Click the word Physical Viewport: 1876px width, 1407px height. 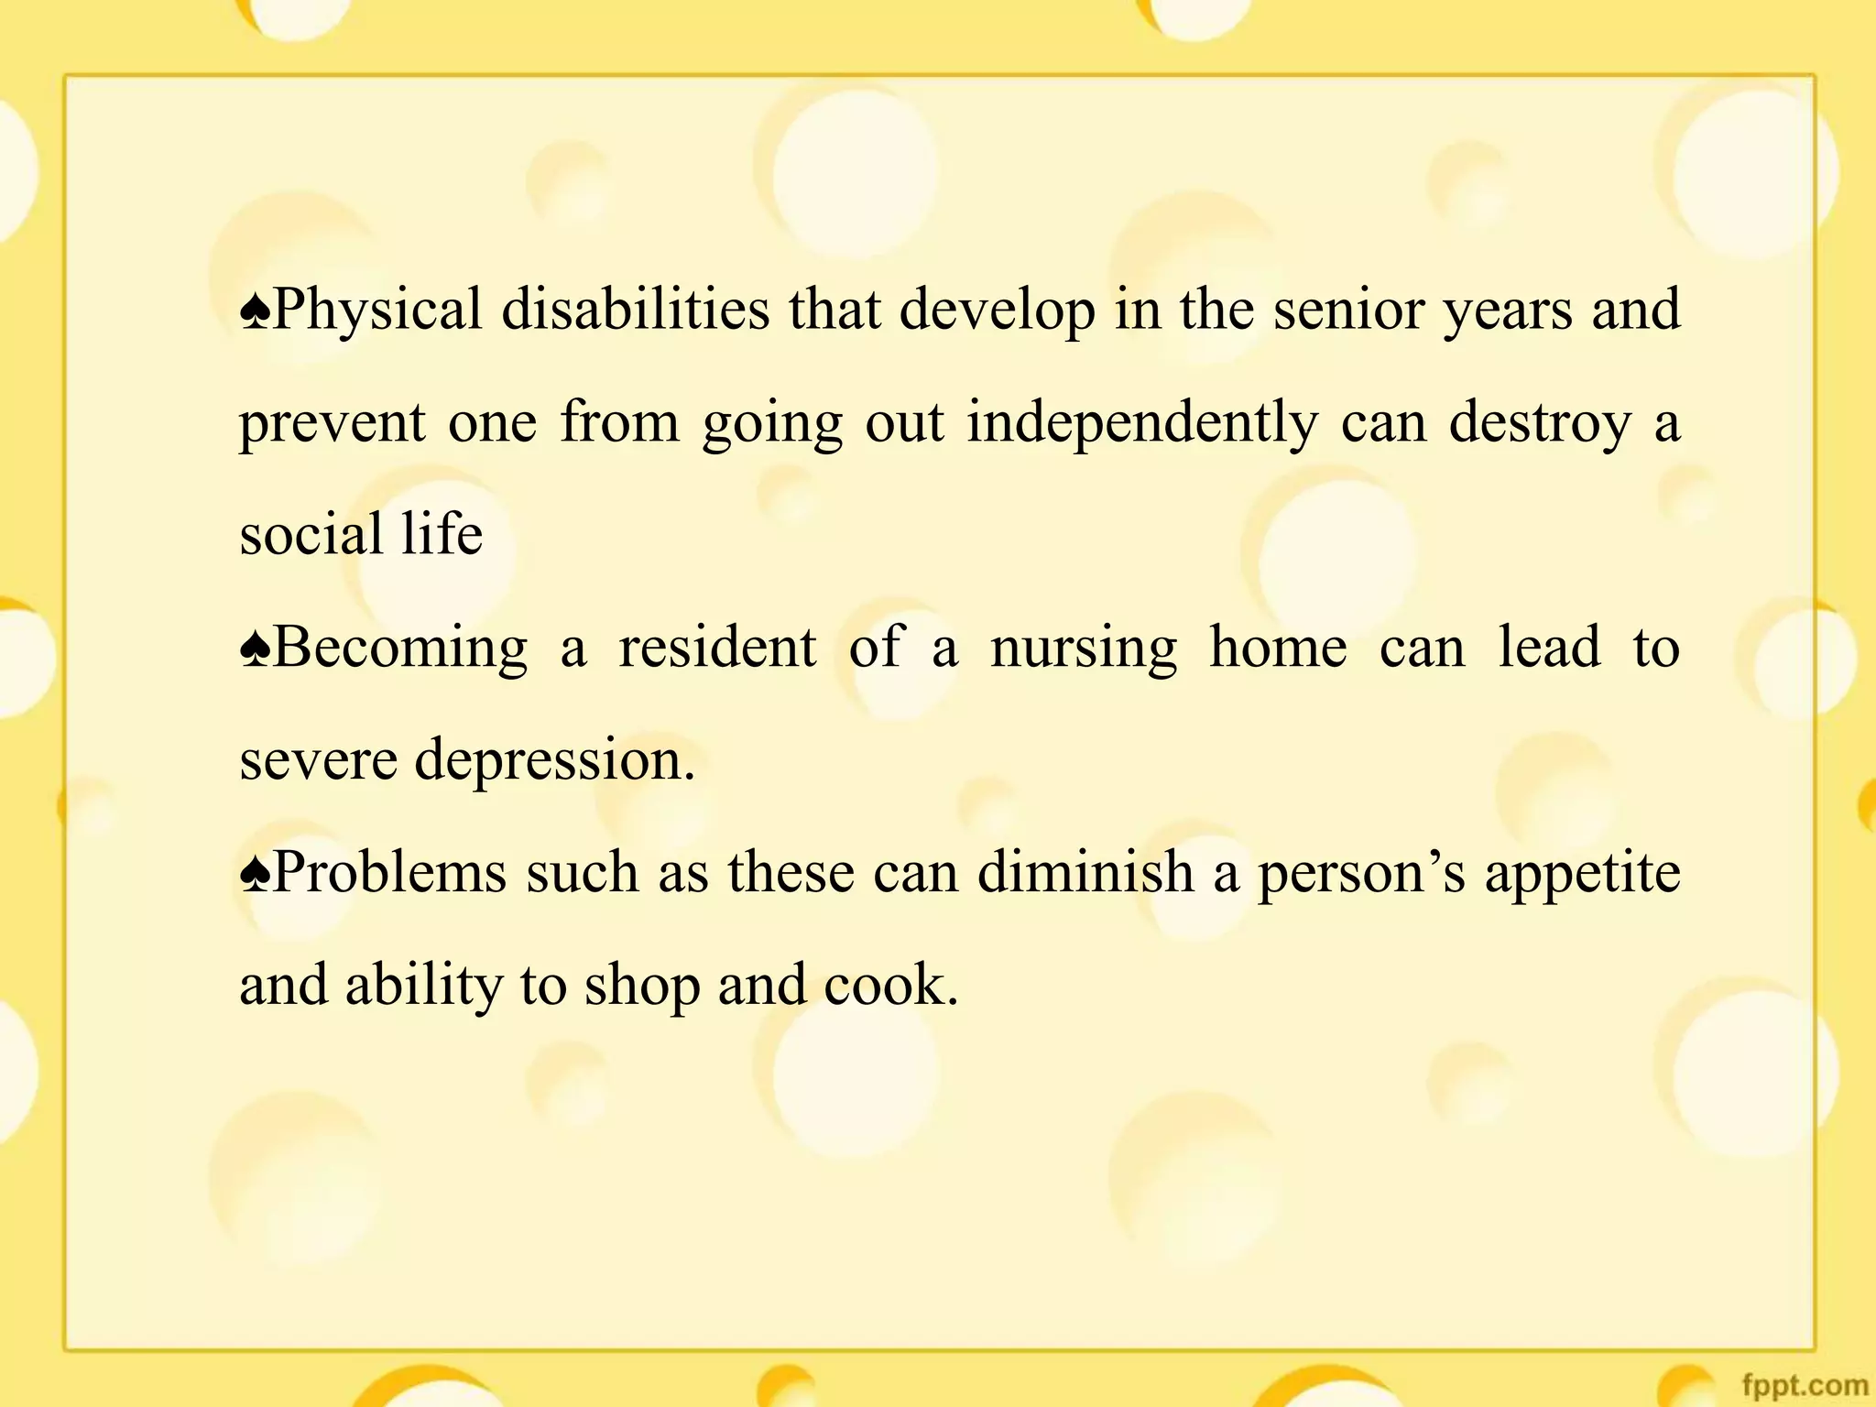point(377,310)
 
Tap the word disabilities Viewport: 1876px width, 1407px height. point(635,310)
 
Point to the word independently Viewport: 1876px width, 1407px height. point(1142,423)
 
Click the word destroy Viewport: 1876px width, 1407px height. point(1540,423)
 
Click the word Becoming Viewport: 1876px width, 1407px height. point(400,649)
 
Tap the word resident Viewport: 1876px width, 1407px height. point(717,647)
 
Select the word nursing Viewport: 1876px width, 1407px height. point(1084,649)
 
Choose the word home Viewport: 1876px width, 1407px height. point(1278,647)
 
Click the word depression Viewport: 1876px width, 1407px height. point(554,760)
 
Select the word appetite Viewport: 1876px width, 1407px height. point(1582,873)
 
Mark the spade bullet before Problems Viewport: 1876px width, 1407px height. point(255,874)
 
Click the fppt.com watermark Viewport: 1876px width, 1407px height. point(1805,1385)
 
